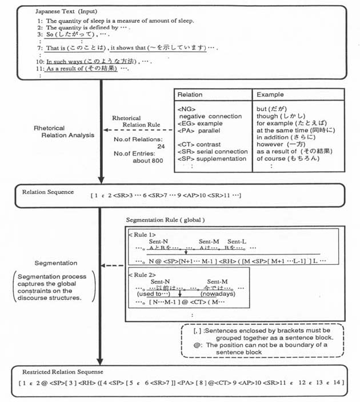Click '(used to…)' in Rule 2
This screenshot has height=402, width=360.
click(150, 294)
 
